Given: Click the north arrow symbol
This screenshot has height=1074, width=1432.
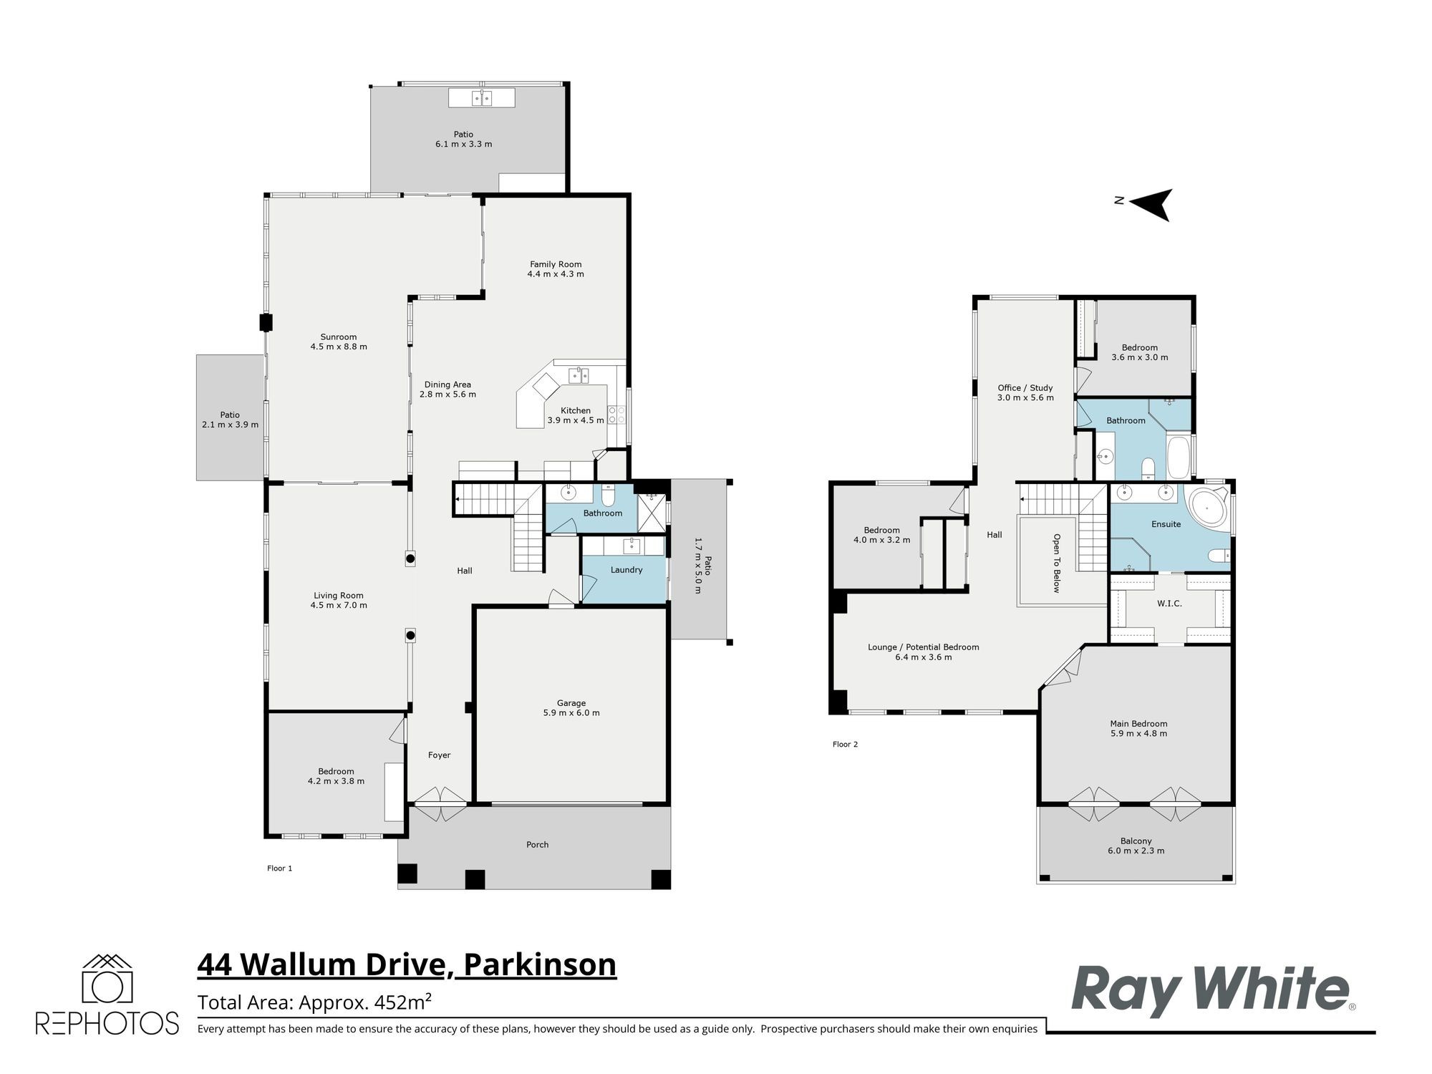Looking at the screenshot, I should click(x=1151, y=204).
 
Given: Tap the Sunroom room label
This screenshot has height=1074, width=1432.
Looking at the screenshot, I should click(x=339, y=337).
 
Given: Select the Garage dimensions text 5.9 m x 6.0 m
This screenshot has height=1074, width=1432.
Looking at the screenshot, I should click(x=571, y=713).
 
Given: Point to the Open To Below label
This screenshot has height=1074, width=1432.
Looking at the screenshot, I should click(x=1056, y=563).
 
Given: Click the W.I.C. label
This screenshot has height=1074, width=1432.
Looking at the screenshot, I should click(x=1169, y=604).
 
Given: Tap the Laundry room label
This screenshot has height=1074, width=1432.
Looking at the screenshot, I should click(x=626, y=570).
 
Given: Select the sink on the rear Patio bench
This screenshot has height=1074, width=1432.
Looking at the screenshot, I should click(x=481, y=98).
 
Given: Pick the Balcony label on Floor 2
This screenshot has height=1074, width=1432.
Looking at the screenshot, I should click(x=1136, y=841).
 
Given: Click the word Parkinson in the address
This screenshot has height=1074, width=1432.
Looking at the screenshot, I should click(x=540, y=964).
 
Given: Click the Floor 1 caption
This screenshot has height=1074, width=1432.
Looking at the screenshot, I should click(x=280, y=869).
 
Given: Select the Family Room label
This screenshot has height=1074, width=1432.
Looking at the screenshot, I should click(x=556, y=264).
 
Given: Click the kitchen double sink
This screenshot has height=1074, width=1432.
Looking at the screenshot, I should click(x=579, y=375).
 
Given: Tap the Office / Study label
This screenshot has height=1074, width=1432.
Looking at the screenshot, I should click(x=1025, y=388).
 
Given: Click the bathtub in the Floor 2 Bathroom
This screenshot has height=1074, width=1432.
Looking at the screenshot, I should click(x=1178, y=459).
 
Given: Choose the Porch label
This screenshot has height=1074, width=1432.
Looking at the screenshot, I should click(x=538, y=845).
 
